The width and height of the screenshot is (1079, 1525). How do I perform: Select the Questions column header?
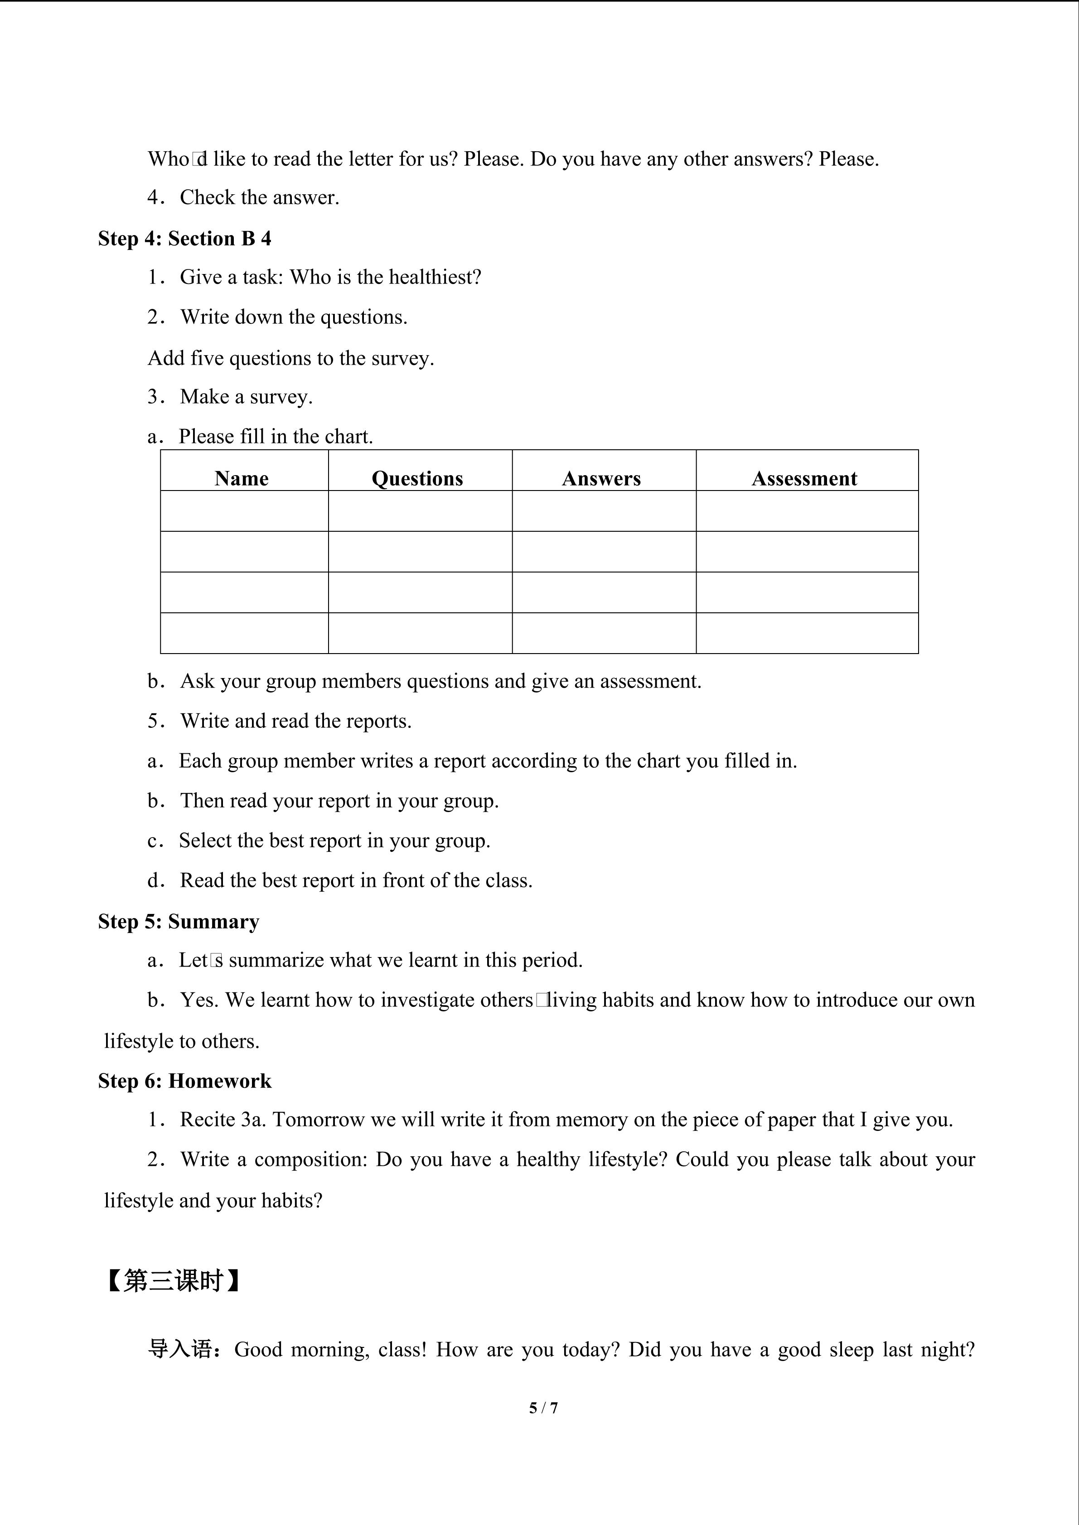(x=417, y=478)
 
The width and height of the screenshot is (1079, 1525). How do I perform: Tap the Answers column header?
(x=601, y=478)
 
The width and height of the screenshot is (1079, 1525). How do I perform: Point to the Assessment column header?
(x=804, y=478)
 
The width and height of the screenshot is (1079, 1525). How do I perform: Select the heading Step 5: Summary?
(x=179, y=921)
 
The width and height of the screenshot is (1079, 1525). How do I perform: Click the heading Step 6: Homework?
(x=185, y=1081)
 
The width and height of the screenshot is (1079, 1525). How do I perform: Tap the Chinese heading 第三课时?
(x=172, y=1280)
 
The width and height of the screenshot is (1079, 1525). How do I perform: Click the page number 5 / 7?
(x=543, y=1407)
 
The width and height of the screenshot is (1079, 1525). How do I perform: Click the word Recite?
(x=208, y=1119)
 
